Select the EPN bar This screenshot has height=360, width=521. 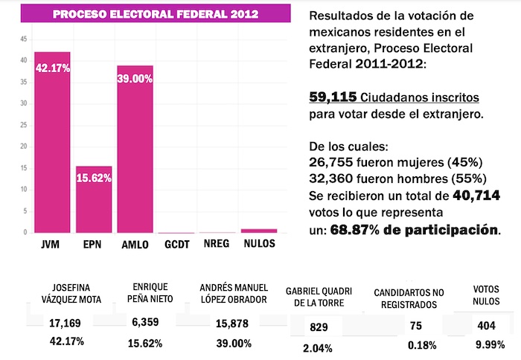point(93,201)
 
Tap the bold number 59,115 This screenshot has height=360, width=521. point(333,97)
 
